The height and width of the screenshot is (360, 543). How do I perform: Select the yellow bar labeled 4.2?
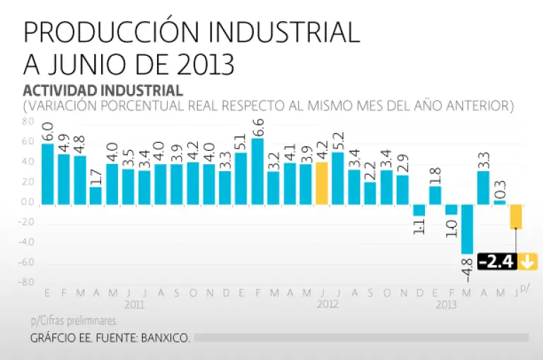(x=322, y=183)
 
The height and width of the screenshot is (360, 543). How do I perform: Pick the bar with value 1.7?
(x=95, y=195)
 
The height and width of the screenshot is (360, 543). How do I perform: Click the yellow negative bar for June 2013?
(x=516, y=216)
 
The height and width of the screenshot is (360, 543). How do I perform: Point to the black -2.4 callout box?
(x=498, y=262)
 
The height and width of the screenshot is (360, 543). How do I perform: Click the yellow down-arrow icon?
(x=527, y=262)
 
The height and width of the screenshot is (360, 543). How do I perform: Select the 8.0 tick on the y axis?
(x=28, y=122)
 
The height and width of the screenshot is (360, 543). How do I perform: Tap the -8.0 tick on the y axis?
(x=27, y=283)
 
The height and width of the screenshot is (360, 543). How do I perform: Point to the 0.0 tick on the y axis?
(x=28, y=203)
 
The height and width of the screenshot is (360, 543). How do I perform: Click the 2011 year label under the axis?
(x=134, y=304)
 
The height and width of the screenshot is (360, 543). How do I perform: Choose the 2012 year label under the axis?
(x=327, y=304)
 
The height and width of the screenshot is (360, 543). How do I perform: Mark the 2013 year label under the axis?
(x=445, y=304)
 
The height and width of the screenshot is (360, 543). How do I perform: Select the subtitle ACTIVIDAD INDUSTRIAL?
(x=103, y=91)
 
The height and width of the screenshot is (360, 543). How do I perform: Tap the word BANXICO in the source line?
(x=165, y=338)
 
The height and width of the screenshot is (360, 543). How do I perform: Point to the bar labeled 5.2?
(x=338, y=178)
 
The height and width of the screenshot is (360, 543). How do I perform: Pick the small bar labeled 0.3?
(x=499, y=202)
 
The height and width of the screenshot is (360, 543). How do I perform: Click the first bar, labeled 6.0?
(x=47, y=174)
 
